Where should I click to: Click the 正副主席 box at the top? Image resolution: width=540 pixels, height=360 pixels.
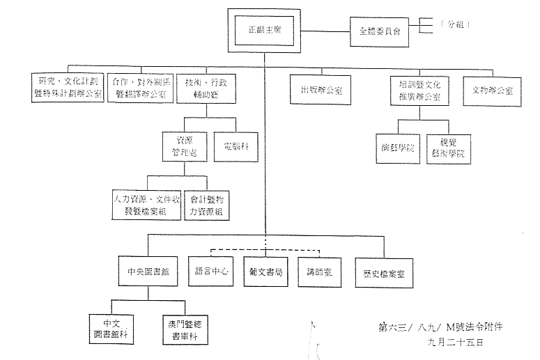(x=264, y=31)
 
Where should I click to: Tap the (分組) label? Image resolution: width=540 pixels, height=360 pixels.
(x=457, y=25)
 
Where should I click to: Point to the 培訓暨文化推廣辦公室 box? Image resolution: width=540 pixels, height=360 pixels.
(x=417, y=91)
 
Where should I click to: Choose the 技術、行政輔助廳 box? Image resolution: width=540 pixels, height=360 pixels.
(x=206, y=87)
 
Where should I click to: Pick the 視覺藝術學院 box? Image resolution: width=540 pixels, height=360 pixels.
(x=447, y=148)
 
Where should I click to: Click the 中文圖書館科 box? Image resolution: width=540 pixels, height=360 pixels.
(x=112, y=329)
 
